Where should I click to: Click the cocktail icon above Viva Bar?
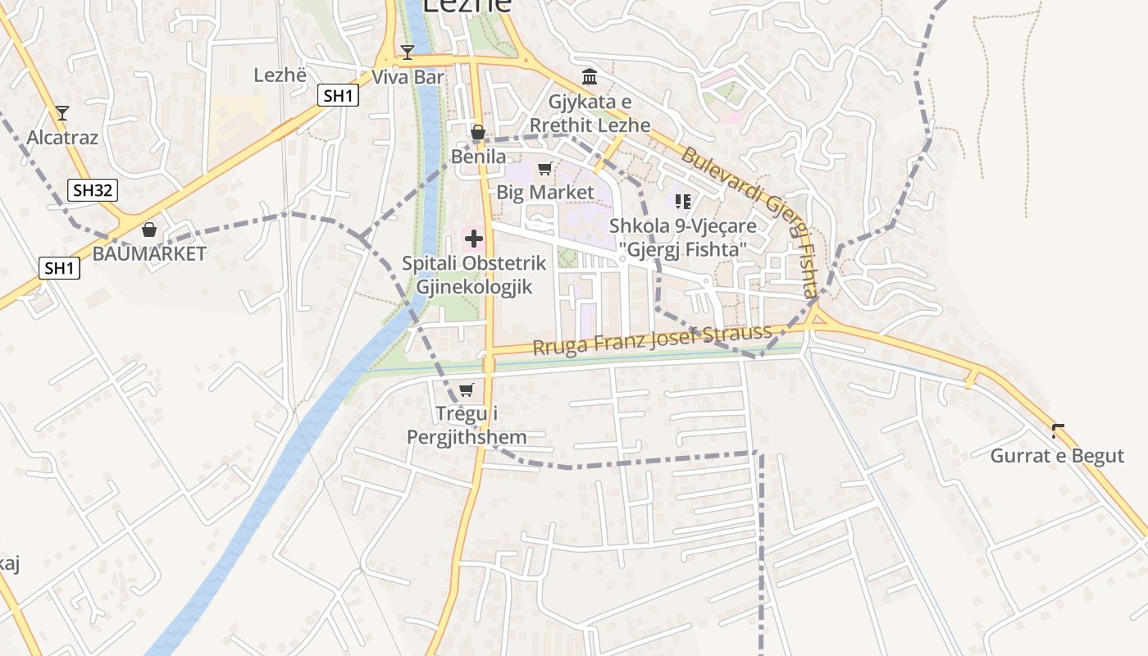click(x=408, y=52)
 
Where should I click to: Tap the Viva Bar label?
click(x=408, y=77)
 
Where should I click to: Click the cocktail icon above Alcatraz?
click(x=62, y=113)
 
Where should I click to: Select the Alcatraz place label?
click(x=62, y=137)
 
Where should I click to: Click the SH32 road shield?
click(x=93, y=190)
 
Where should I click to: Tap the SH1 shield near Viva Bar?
click(x=338, y=95)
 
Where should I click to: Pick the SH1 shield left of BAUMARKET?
click(x=59, y=267)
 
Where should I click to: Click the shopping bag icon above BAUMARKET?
click(x=149, y=230)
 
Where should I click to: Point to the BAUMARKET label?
click(x=149, y=253)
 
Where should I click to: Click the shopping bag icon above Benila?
click(x=478, y=132)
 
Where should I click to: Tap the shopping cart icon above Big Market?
click(x=544, y=169)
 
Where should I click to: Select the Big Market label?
click(x=545, y=192)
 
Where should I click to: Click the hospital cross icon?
click(x=474, y=239)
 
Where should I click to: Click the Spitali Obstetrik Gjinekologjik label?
click(x=474, y=276)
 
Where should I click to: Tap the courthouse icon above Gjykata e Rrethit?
click(x=590, y=77)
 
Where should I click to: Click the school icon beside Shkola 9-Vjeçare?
click(x=683, y=201)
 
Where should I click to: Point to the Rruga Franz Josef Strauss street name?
click(x=652, y=339)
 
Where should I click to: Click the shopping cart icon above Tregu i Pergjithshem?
click(x=467, y=390)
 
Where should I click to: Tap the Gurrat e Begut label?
click(x=1057, y=456)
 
